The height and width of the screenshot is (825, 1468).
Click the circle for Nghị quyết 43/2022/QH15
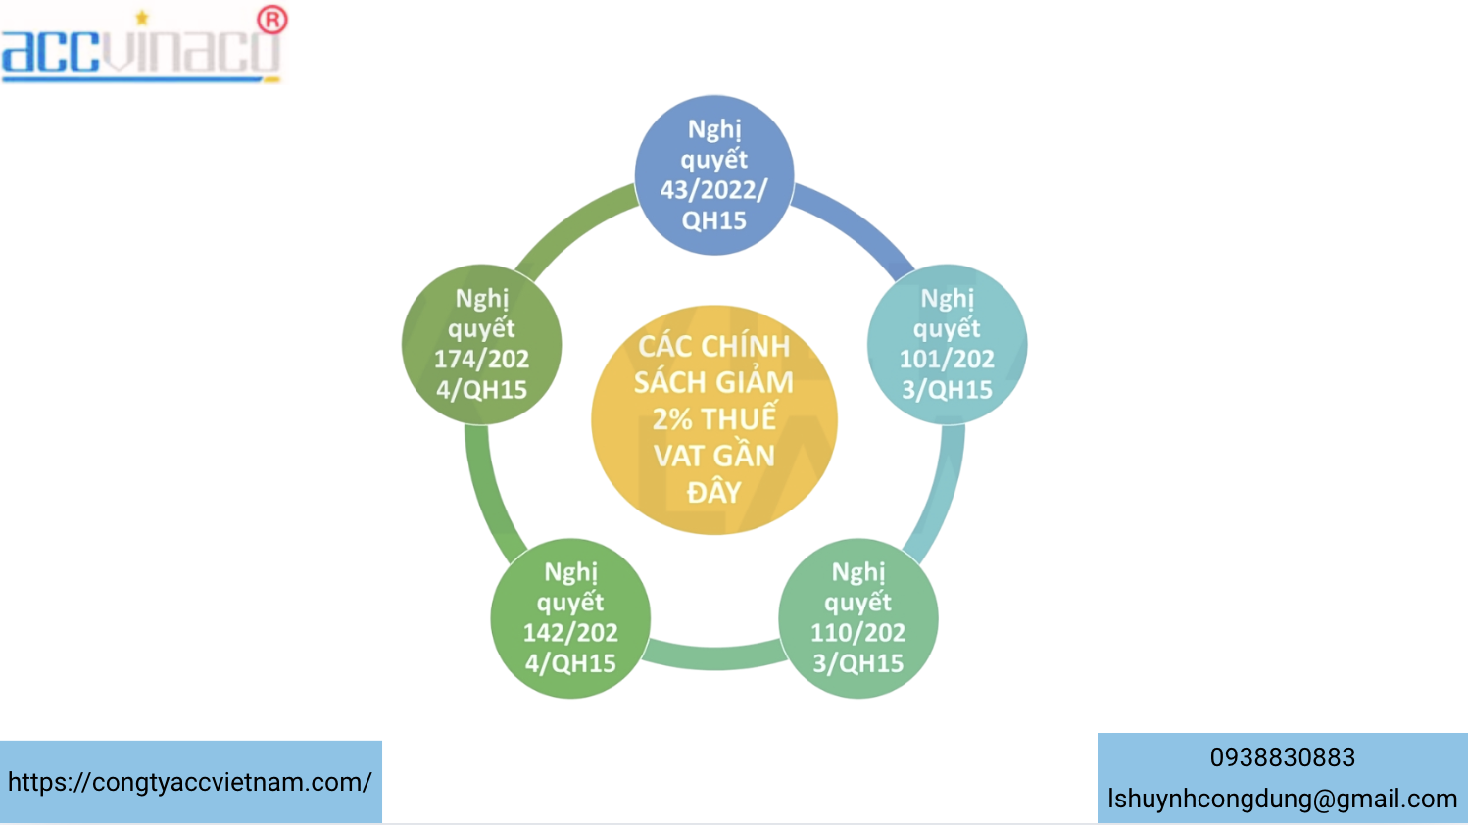(714, 175)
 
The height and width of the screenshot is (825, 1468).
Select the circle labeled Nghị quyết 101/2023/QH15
(947, 344)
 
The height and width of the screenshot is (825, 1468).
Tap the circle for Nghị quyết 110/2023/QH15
(858, 618)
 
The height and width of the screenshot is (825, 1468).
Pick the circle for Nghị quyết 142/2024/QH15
(570, 618)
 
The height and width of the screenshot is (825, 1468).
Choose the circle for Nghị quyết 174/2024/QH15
(481, 344)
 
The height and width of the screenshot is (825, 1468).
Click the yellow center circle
(714, 419)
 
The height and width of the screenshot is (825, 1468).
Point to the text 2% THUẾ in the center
(714, 419)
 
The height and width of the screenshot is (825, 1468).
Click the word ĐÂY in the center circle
(714, 492)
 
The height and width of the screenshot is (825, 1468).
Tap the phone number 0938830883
(1282, 757)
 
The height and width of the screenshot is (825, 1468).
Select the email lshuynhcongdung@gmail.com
(1282, 799)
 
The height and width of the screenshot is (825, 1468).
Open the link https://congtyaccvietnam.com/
(190, 782)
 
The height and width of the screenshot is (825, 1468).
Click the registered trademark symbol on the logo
(272, 20)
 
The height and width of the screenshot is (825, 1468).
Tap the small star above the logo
(142, 17)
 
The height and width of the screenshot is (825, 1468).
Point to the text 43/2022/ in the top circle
(714, 190)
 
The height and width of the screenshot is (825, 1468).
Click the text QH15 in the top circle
(714, 220)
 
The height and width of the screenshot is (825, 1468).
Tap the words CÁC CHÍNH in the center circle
(714, 346)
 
